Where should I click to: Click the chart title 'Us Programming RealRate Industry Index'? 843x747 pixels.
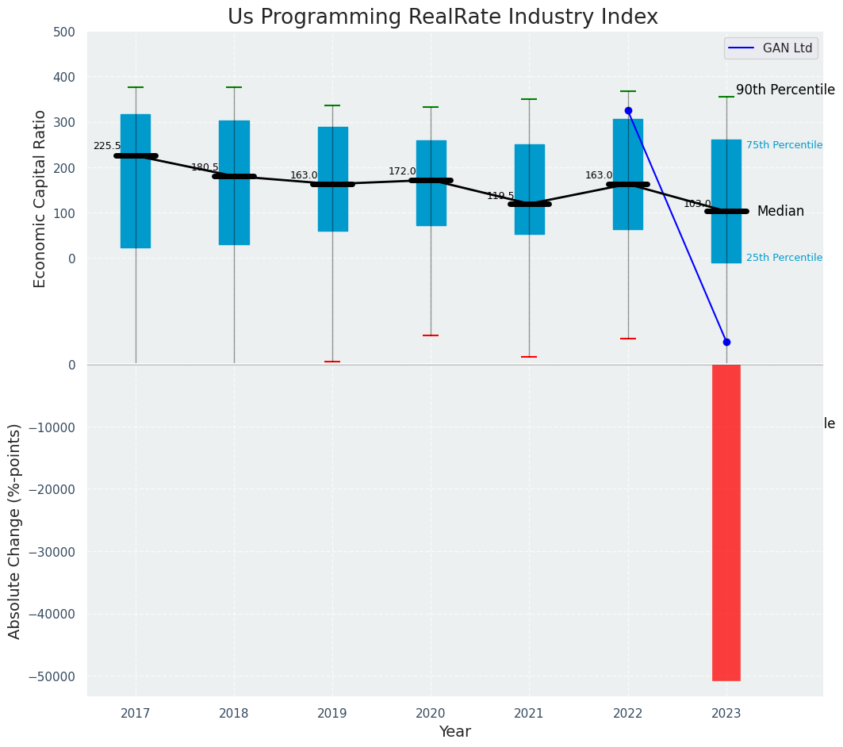[443, 17]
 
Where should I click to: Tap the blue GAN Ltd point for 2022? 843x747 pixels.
[628, 111]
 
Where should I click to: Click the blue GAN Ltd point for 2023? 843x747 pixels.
[726, 342]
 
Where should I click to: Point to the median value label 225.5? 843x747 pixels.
[107, 146]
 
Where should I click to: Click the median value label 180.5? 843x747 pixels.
[205, 167]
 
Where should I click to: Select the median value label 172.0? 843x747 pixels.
[402, 171]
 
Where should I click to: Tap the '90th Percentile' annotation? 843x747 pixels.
[785, 90]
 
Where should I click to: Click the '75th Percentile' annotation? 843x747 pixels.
[784, 145]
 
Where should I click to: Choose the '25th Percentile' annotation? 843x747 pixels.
[784, 258]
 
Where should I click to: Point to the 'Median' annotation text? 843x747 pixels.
[780, 211]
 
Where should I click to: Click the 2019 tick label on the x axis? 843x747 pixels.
[332, 713]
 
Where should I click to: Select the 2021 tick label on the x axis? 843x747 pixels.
[529, 713]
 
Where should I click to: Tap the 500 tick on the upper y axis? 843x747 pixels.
[64, 33]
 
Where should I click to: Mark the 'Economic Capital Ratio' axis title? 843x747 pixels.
[40, 199]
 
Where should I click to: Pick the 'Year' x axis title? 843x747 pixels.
[454, 731]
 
